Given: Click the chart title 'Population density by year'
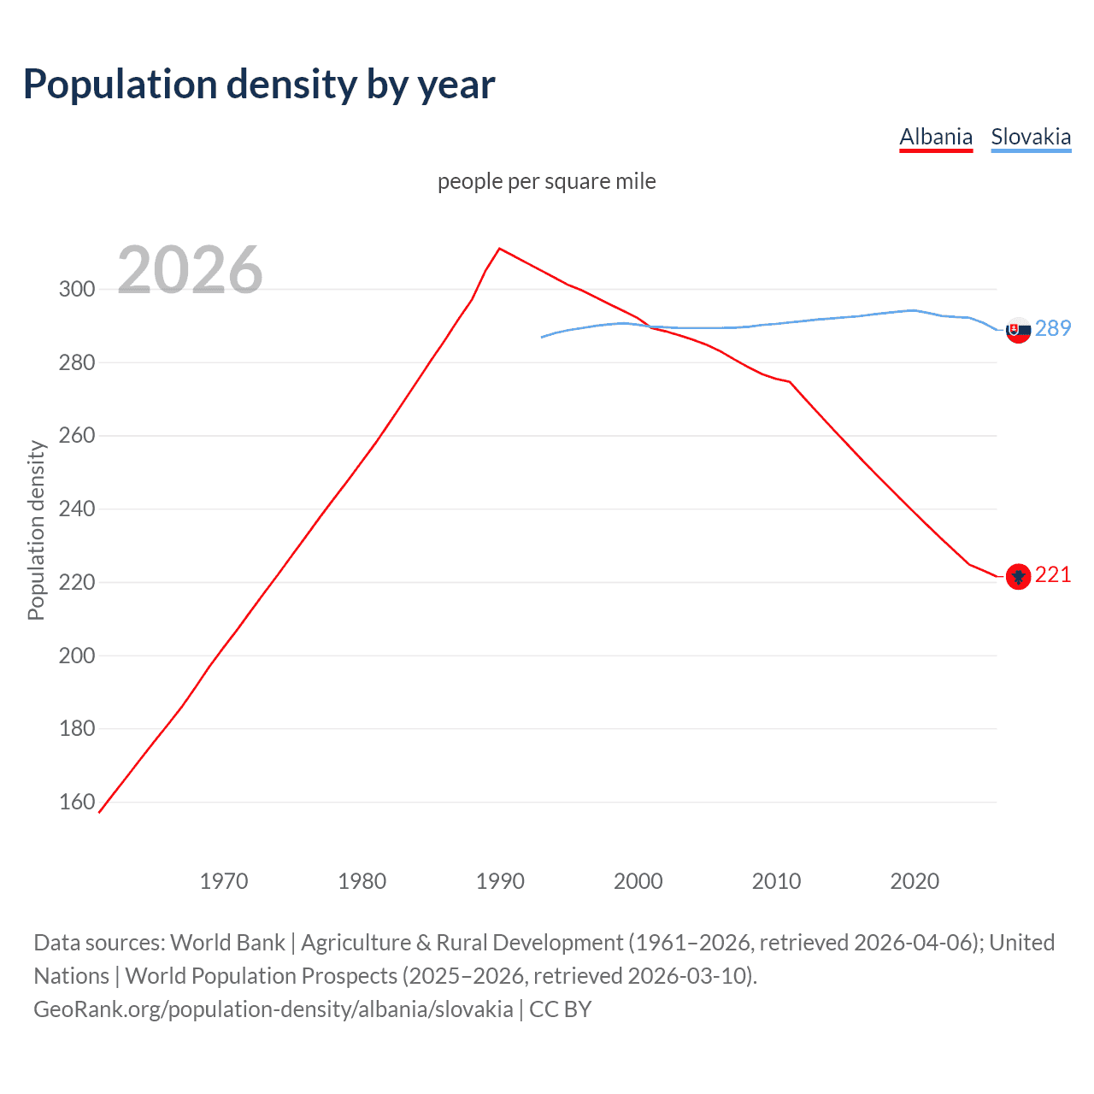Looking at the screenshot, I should (x=259, y=85).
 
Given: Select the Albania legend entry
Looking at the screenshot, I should (x=936, y=137).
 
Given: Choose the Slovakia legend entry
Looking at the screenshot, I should (x=1031, y=137).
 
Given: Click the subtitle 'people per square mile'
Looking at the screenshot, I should (x=546, y=181).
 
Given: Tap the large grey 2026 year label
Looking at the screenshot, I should (x=190, y=270).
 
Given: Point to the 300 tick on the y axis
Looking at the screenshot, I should (x=77, y=289).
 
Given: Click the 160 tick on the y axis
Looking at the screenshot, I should (x=77, y=802).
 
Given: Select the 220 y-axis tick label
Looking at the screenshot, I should (x=77, y=582).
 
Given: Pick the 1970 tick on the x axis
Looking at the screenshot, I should (x=224, y=881).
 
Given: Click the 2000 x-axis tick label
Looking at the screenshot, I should (x=638, y=881).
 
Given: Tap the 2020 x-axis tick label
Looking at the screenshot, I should (x=915, y=881).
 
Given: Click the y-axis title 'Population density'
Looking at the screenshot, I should (x=36, y=530).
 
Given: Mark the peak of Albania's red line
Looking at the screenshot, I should (x=500, y=249).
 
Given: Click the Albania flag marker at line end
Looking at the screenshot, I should (x=1018, y=577).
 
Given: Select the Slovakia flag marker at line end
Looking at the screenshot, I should (x=1018, y=330).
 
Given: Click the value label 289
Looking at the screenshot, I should (x=1053, y=328).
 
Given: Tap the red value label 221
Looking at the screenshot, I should (x=1053, y=575).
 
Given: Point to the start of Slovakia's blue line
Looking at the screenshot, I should (x=542, y=337).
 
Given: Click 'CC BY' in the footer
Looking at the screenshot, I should (x=561, y=1009).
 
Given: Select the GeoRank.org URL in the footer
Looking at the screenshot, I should (x=273, y=1009).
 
